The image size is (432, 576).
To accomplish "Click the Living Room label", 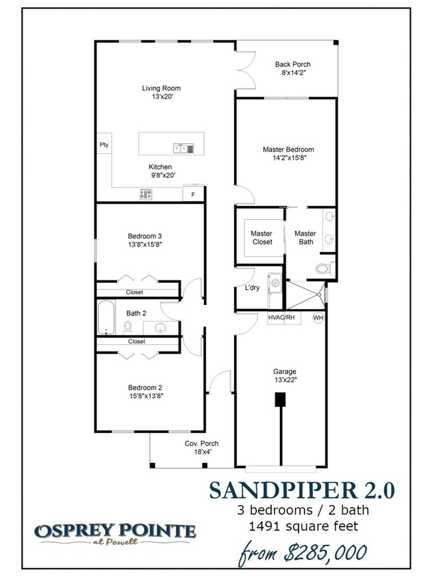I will [x=161, y=88].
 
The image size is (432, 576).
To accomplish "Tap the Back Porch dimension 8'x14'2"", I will [x=292, y=73].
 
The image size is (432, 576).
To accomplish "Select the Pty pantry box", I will [x=104, y=145].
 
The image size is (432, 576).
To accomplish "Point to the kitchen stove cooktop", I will [x=146, y=194].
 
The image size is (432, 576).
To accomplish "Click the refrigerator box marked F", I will [x=193, y=194].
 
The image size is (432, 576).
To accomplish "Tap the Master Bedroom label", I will [x=288, y=149].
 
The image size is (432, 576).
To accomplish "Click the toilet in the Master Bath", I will [x=324, y=268].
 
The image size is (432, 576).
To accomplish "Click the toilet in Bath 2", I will [x=128, y=326].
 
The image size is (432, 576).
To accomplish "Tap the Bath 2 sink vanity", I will [x=160, y=327].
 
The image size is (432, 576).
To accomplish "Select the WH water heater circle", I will [x=318, y=318].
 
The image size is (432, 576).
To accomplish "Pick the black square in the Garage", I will [x=280, y=399].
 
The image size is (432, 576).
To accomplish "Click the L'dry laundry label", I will [x=252, y=288].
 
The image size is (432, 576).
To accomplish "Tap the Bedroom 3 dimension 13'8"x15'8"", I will [x=145, y=244].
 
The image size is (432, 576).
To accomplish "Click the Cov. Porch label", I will [x=201, y=443].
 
